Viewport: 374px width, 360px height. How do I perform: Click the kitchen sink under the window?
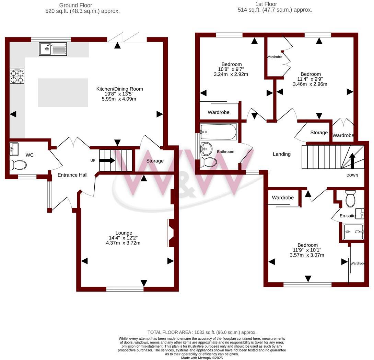point(53,49)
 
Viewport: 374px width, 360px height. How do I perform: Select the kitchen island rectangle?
point(62,93)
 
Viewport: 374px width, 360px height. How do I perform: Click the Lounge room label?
point(124,233)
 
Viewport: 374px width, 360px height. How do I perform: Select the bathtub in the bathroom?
point(218,132)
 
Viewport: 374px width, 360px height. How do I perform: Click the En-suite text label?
point(348,216)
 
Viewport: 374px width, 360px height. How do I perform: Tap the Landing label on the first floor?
point(281,154)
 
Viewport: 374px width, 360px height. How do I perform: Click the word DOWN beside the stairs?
point(352,175)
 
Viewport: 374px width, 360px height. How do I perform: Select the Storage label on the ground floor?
point(155,161)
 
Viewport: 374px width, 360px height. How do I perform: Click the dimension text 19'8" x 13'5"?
point(119,94)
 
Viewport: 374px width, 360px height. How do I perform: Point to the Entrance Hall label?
point(72,175)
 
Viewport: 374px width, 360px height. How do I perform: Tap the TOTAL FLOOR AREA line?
point(202,332)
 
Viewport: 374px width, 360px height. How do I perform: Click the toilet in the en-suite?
point(351,199)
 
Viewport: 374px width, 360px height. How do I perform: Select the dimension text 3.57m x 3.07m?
point(307,255)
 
